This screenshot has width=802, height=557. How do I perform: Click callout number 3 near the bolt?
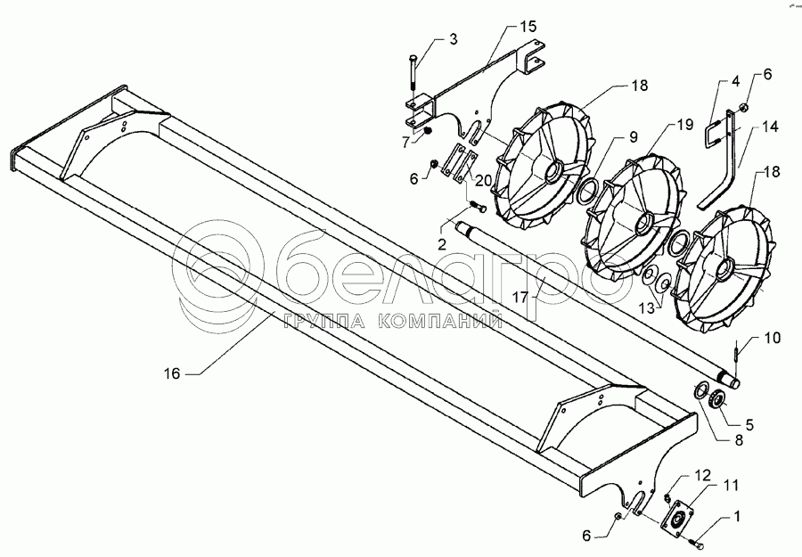click(453, 39)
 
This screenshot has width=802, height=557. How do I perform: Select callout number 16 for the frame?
click(173, 374)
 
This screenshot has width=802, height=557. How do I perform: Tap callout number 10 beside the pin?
click(747, 340)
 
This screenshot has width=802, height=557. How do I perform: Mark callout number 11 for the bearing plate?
click(731, 485)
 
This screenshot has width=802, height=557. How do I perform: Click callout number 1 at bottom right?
click(739, 515)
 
